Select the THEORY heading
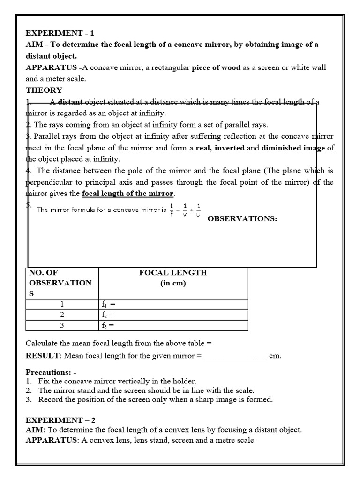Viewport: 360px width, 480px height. (x=44, y=90)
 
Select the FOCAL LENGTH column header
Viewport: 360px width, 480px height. (x=173, y=273)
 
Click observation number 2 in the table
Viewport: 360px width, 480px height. (x=62, y=315)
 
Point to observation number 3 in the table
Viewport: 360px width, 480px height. (x=62, y=325)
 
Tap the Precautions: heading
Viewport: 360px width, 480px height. (x=47, y=372)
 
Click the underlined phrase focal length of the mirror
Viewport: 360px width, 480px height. (x=128, y=194)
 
